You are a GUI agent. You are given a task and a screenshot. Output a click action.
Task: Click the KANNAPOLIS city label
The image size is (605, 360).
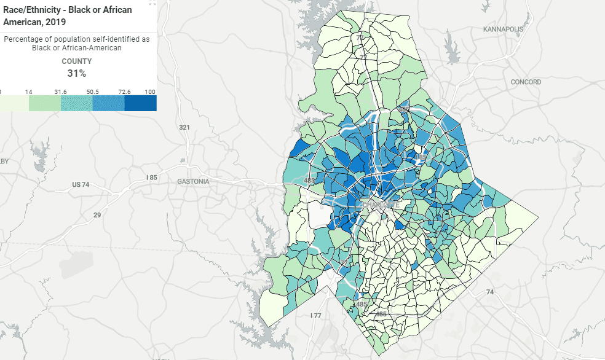tap(503, 29)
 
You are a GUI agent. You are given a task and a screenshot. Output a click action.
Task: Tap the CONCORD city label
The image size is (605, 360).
tap(526, 82)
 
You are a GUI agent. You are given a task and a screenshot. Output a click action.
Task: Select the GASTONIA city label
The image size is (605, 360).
tap(193, 181)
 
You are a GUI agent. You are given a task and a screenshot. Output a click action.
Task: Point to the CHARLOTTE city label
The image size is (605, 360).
tap(381, 205)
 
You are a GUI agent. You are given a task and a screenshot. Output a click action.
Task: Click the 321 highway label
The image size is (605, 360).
tap(184, 127)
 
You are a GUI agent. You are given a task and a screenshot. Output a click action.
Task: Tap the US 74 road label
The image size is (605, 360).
tap(81, 184)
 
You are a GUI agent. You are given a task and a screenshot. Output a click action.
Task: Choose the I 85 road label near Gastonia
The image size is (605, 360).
tap(151, 178)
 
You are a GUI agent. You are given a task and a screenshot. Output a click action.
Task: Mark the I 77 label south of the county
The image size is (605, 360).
tap(315, 315)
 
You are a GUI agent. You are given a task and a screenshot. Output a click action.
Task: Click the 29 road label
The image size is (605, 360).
tap(97, 215)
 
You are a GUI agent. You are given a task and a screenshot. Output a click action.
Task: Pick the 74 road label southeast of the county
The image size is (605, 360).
tap(489, 292)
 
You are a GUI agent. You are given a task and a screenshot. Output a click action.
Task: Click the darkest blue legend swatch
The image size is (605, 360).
tap(140, 103)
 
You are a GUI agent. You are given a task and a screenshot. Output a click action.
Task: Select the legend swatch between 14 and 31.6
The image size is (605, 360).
tap(45, 103)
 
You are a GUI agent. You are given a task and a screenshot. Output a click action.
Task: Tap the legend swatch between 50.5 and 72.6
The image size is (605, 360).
tap(108, 103)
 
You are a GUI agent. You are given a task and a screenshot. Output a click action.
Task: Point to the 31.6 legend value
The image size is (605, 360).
tap(61, 92)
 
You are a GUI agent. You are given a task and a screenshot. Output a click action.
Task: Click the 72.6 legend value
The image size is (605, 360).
tap(124, 92)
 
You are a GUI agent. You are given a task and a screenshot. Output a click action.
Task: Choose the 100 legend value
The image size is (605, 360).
tap(150, 92)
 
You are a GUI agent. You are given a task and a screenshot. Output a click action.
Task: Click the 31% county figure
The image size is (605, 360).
tap(77, 73)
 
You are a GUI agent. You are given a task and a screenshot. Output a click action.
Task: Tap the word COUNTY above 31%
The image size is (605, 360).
tap(77, 61)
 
